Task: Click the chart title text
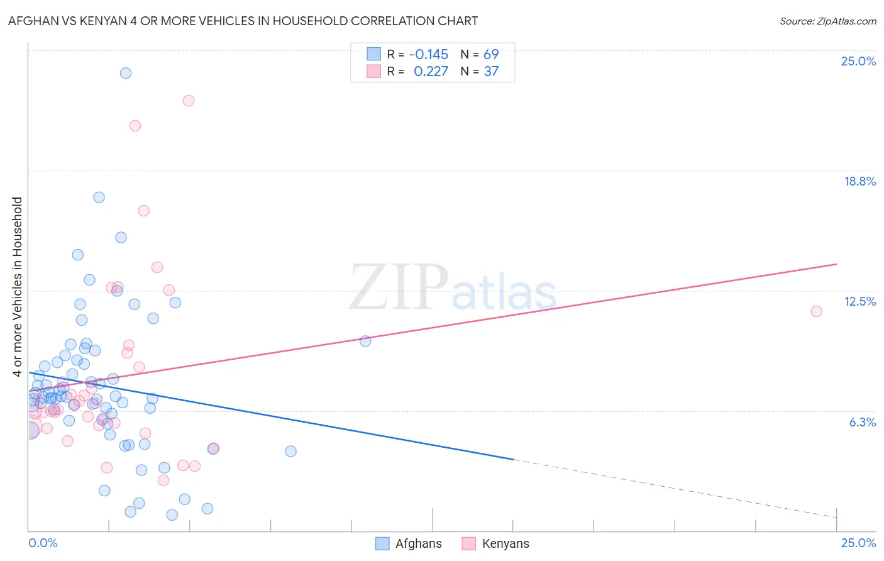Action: [243, 21]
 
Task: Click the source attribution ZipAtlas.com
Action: [827, 21]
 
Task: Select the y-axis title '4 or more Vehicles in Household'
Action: [17, 287]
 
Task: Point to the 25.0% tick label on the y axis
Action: [858, 61]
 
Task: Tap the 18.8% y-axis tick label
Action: [859, 181]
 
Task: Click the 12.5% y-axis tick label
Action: [859, 301]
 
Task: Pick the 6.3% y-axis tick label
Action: [862, 422]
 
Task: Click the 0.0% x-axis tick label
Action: [43, 543]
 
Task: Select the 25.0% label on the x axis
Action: [858, 543]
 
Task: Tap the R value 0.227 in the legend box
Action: [431, 72]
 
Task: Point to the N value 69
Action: [491, 54]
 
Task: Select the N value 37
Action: [491, 72]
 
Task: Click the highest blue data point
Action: [126, 73]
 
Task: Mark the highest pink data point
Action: [189, 101]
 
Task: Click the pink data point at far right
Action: [816, 311]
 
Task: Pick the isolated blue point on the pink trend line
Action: [365, 341]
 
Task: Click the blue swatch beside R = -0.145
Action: [373, 54]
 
